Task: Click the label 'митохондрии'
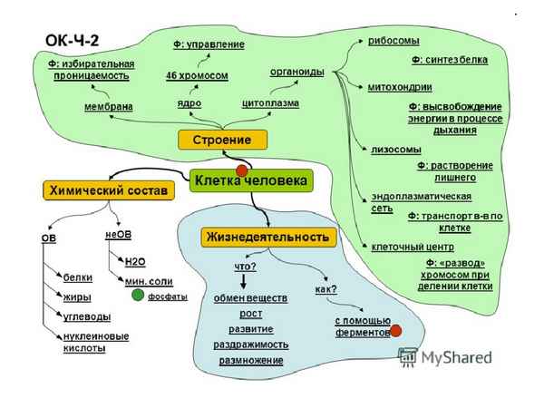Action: (399, 87)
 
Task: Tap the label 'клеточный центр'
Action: (405, 245)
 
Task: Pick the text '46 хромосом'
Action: (195, 75)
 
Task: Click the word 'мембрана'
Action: (107, 106)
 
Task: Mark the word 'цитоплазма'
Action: (270, 102)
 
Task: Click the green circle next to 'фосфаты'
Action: (138, 296)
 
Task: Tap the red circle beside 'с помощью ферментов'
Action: (396, 333)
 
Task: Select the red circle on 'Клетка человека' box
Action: (242, 170)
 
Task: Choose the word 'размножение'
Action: (249, 360)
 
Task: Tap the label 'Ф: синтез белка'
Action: (449, 60)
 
